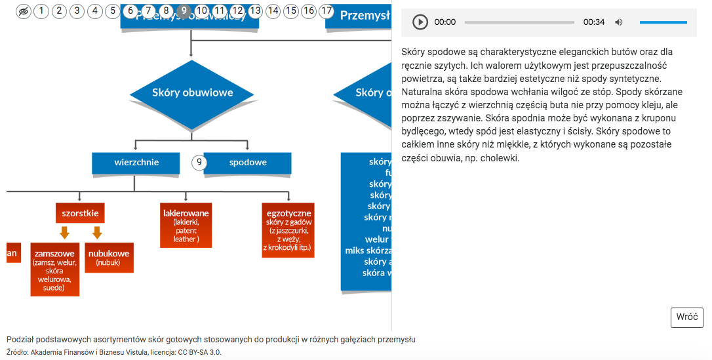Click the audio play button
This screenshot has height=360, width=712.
coord(420,22)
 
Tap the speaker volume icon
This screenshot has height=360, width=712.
coord(619,22)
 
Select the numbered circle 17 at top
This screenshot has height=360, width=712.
coord(326,10)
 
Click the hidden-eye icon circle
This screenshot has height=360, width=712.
coord(24,10)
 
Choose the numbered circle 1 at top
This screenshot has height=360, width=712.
coord(41,10)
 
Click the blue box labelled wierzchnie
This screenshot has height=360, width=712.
coord(136,163)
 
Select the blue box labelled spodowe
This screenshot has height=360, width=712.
coord(247,163)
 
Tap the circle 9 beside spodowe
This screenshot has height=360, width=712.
coord(199,163)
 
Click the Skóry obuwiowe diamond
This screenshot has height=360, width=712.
coord(192,93)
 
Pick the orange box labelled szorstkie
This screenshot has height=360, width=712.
coord(80,213)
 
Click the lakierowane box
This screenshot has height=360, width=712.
coord(186,226)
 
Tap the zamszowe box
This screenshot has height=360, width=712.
coord(54,270)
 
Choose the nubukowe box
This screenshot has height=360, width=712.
coord(109,258)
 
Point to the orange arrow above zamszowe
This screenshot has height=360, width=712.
coord(64,233)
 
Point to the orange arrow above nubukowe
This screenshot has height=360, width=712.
coord(97,233)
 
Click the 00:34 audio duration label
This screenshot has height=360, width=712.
coord(594,22)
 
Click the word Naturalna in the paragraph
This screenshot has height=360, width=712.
coord(423,92)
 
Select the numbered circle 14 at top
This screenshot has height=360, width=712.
coord(273,10)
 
